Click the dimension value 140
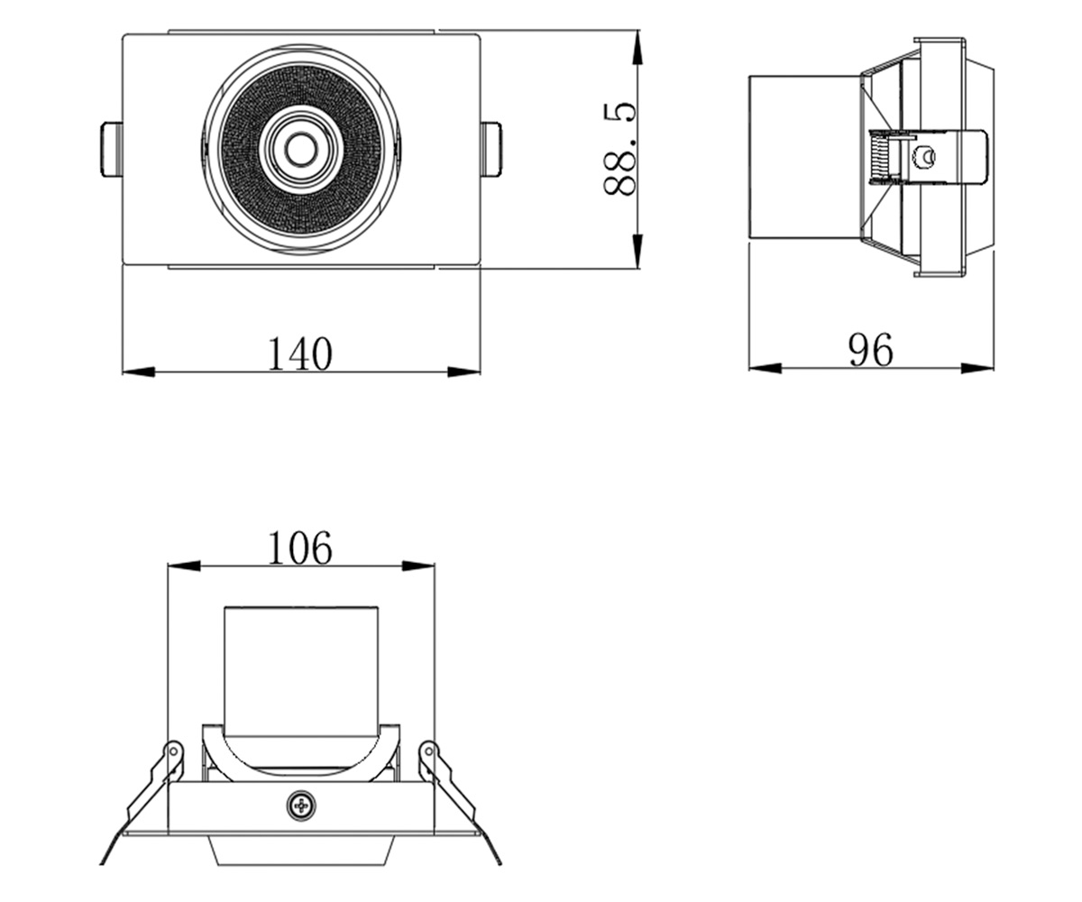tap(300, 354)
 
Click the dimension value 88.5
tap(619, 150)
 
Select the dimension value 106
tap(300, 548)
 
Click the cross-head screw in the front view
tap(301, 805)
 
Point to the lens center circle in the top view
tap(300, 151)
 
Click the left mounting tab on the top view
tap(112, 150)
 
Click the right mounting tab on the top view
tap(491, 150)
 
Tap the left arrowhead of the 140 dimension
tap(139, 372)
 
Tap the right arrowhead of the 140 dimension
tap(463, 372)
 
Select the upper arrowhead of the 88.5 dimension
tap(637, 48)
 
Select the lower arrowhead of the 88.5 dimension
tap(637, 252)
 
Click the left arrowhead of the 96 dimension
tap(766, 369)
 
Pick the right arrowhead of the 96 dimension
tap(977, 369)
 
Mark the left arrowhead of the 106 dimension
tap(184, 566)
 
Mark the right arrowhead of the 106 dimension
tap(418, 566)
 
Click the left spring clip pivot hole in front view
tap(174, 751)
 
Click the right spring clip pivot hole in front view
tap(428, 751)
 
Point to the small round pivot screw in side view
tap(925, 156)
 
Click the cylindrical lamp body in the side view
tap(805, 158)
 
